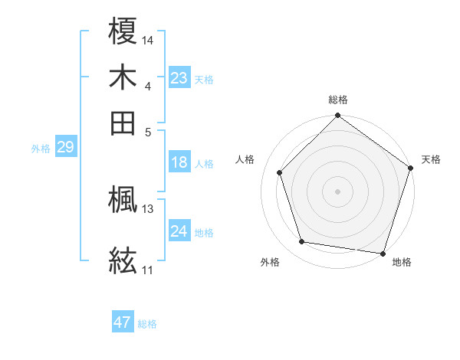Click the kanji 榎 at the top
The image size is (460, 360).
[x=123, y=32]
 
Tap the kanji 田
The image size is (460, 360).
[x=123, y=122]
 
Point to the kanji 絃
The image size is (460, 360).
[x=123, y=260]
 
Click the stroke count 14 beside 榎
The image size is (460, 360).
[x=148, y=39]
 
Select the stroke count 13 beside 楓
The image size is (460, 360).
[x=148, y=208]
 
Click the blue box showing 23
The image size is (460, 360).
[x=179, y=77]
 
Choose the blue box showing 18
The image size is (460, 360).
[x=179, y=162]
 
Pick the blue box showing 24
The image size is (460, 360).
[x=179, y=231]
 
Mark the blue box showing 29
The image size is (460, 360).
[x=65, y=148]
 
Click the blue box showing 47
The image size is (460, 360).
[x=123, y=322]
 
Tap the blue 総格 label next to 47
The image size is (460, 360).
[x=147, y=324]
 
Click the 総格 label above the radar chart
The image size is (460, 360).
[x=337, y=100]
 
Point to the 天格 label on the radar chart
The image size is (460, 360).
[x=431, y=159]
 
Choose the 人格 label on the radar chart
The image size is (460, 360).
[x=245, y=159]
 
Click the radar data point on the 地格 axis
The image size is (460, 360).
[x=383, y=253]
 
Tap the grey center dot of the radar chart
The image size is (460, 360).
[x=337, y=191]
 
